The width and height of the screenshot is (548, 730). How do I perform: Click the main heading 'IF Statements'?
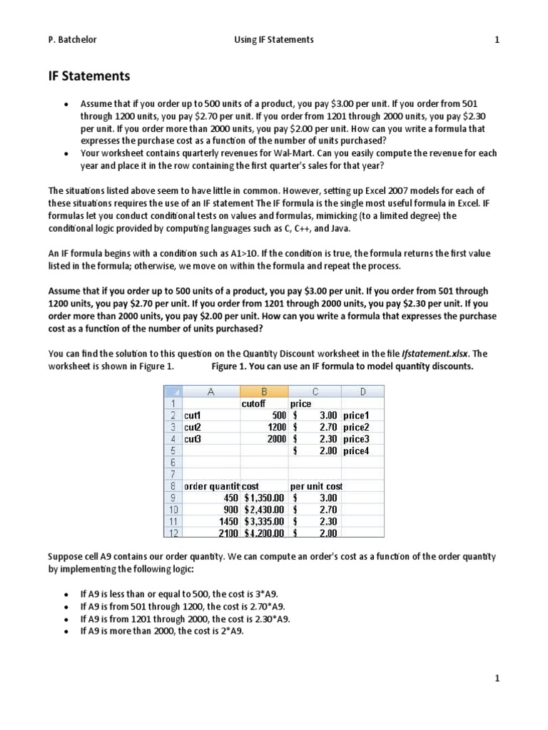point(89,76)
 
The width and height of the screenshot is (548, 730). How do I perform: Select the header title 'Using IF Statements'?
point(274,40)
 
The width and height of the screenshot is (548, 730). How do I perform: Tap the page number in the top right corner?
point(497,40)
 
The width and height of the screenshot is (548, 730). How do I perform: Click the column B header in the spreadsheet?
point(264,391)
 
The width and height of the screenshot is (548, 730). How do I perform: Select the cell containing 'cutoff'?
point(255,403)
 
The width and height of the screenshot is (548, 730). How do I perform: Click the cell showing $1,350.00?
point(264,498)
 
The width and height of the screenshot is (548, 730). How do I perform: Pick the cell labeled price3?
point(356,439)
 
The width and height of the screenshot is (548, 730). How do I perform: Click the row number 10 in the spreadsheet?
point(173,510)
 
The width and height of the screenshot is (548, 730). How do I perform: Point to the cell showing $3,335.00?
point(264,522)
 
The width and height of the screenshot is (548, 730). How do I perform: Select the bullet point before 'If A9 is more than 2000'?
point(66,632)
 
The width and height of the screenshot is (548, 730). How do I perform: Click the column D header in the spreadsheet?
point(362,391)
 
